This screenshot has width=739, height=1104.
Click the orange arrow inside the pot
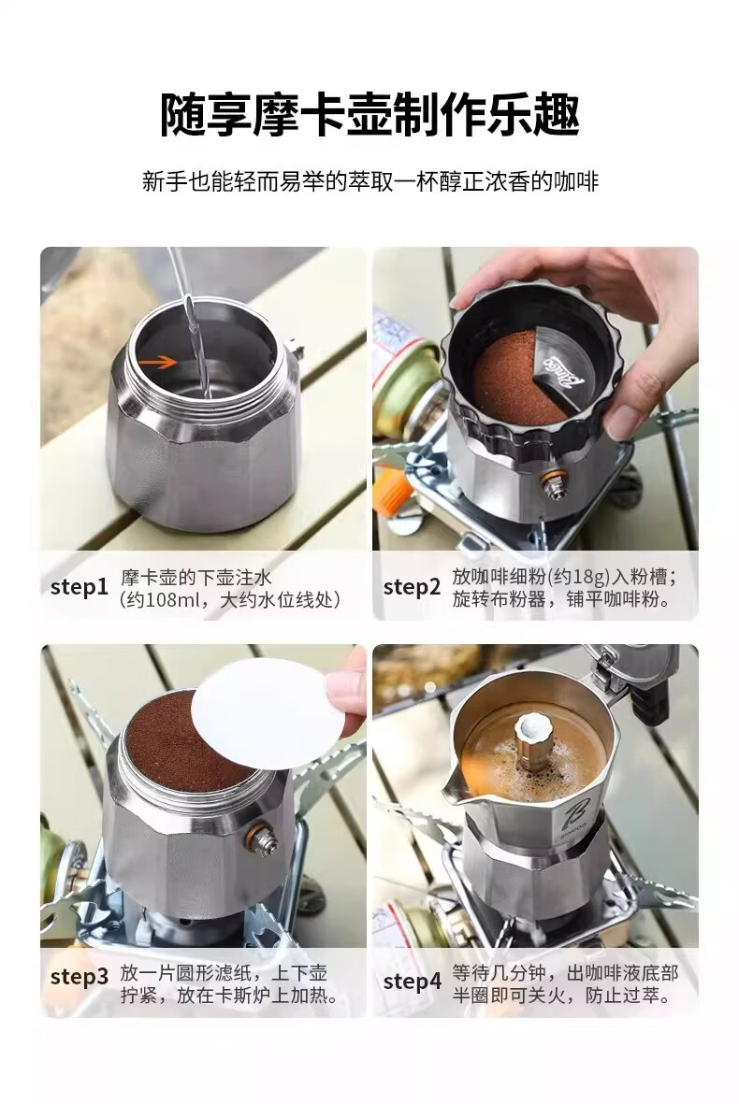[157, 363]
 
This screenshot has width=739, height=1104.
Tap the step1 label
[79, 587]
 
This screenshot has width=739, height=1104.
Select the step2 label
[413, 587]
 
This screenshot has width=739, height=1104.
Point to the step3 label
[80, 977]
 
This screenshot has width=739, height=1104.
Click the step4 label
[413, 982]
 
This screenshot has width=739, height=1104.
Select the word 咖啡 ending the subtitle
[577, 181]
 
